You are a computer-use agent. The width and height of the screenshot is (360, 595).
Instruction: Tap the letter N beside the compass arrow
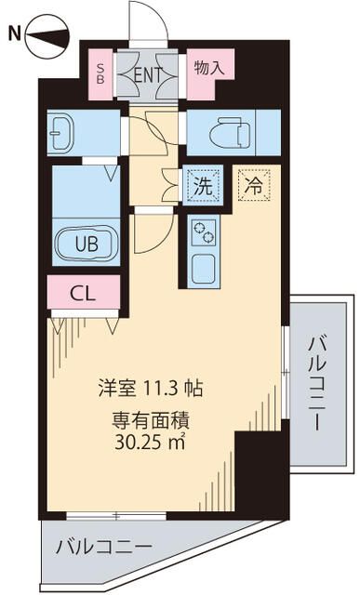pos(13,35)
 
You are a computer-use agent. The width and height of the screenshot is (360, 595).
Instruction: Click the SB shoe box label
pos(100,73)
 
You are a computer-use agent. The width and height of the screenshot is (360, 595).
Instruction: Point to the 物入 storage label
pos(208,67)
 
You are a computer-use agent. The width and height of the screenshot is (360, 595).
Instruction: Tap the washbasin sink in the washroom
pos(65,132)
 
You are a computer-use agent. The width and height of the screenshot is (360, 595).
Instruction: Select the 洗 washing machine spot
pos(203,184)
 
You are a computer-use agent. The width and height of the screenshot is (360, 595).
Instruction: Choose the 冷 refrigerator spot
pos(252,184)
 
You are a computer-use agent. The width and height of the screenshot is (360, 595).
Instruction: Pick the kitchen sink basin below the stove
pos(202,267)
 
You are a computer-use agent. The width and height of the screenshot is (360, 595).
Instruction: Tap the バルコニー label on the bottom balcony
pos(103,546)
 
